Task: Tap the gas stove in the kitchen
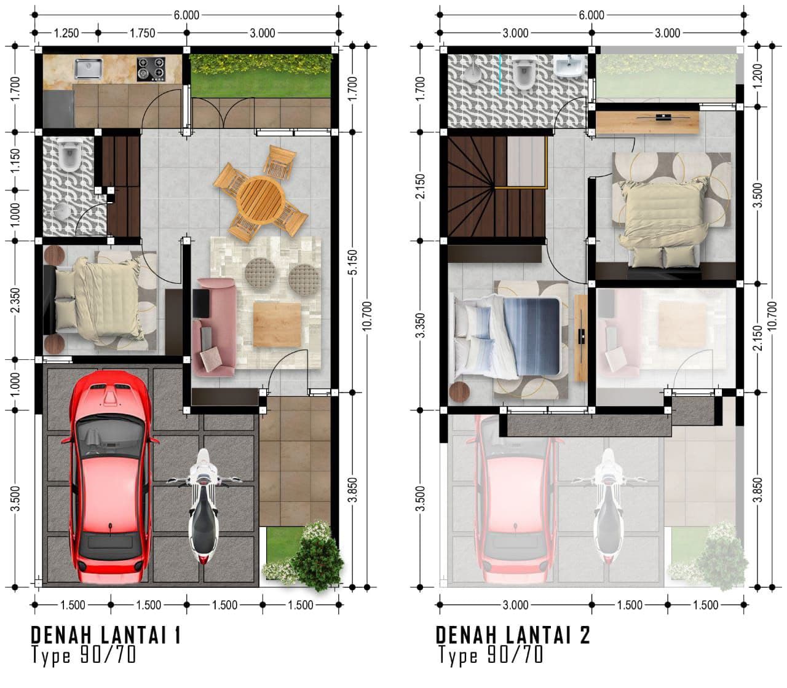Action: (151, 69)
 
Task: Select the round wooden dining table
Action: (261, 200)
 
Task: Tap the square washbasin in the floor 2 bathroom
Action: (569, 66)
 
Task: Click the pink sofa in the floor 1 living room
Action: (213, 327)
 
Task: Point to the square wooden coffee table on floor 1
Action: (277, 324)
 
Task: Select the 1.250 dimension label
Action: (66, 33)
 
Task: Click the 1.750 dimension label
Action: (142, 33)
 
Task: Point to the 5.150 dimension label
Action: (353, 262)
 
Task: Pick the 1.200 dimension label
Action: (757, 76)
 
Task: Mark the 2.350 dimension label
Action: (15, 300)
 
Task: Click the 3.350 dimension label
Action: (421, 326)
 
